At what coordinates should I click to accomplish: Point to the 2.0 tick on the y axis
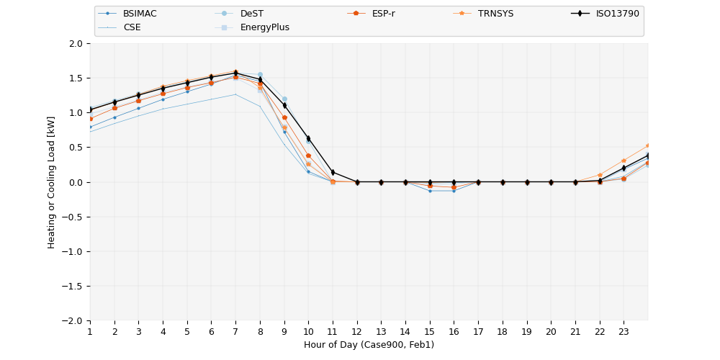76,43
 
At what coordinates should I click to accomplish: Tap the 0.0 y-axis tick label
76,182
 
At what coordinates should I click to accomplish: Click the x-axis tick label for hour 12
357,331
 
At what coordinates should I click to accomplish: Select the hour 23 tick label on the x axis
624,331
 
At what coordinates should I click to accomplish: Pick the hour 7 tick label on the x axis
235,331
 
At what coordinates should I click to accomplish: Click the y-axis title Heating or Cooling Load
52,182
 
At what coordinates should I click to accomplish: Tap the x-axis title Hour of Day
369,345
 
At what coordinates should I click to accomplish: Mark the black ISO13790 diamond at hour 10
308,138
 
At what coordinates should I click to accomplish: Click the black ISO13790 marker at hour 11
333,172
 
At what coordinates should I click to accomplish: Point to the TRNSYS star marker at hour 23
624,161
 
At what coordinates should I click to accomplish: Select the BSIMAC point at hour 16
454,191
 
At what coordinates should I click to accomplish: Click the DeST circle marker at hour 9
284,99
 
